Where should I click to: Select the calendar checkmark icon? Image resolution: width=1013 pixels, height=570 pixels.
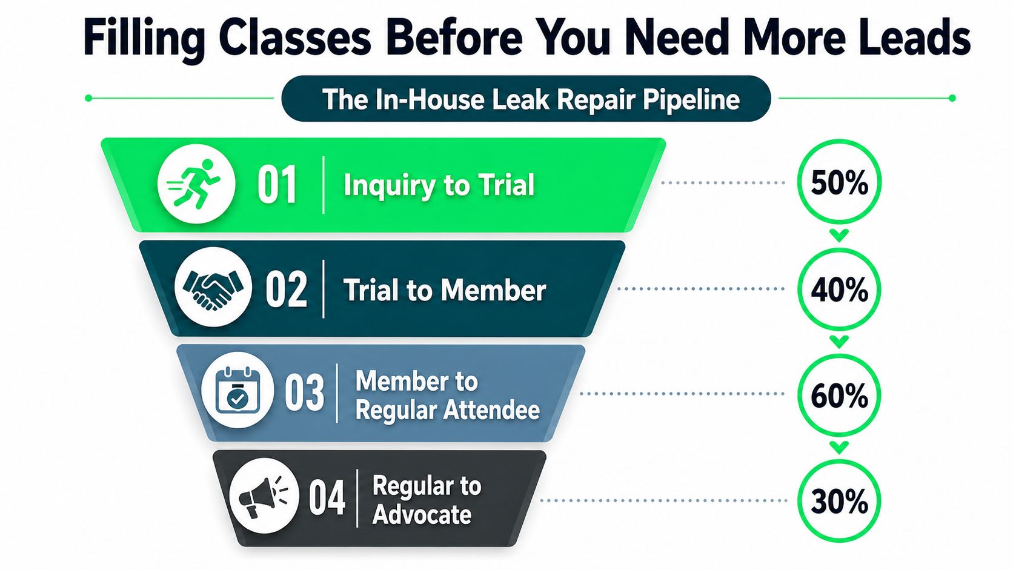(237, 390)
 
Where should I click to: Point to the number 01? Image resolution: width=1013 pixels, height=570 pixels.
(277, 185)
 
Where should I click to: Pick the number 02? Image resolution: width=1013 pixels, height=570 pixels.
(286, 290)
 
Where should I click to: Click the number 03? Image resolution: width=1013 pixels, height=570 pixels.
(304, 393)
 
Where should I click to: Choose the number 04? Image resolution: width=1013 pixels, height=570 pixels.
(327, 498)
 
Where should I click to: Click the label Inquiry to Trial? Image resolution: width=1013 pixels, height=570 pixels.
(439, 185)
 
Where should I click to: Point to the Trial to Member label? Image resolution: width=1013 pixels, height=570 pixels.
(445, 290)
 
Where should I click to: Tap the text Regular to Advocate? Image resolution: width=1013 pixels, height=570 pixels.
(427, 500)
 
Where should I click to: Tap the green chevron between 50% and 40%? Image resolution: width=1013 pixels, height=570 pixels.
(839, 236)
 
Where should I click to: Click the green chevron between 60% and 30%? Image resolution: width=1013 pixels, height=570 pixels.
(839, 448)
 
